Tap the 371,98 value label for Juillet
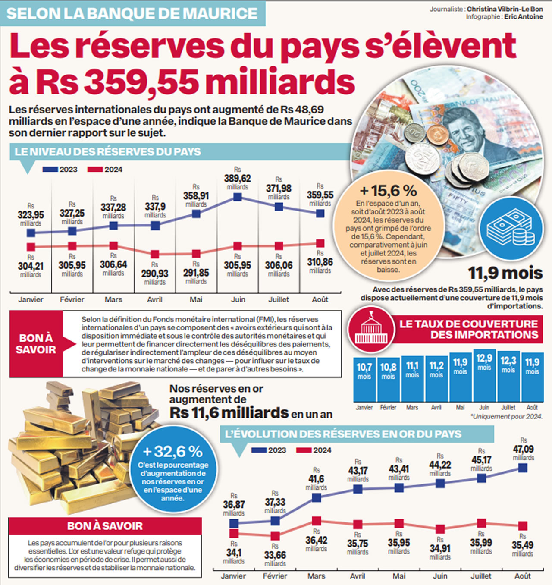click(279, 189)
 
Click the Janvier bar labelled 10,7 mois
click(364, 380)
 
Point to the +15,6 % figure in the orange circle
click(388, 191)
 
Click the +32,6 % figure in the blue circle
click(172, 452)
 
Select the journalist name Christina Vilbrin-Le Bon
click(505, 9)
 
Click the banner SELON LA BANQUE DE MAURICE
click(132, 13)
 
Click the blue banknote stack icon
click(510, 228)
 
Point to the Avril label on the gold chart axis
click(358, 576)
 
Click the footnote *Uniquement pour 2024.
click(506, 417)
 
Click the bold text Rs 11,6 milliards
click(229, 413)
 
